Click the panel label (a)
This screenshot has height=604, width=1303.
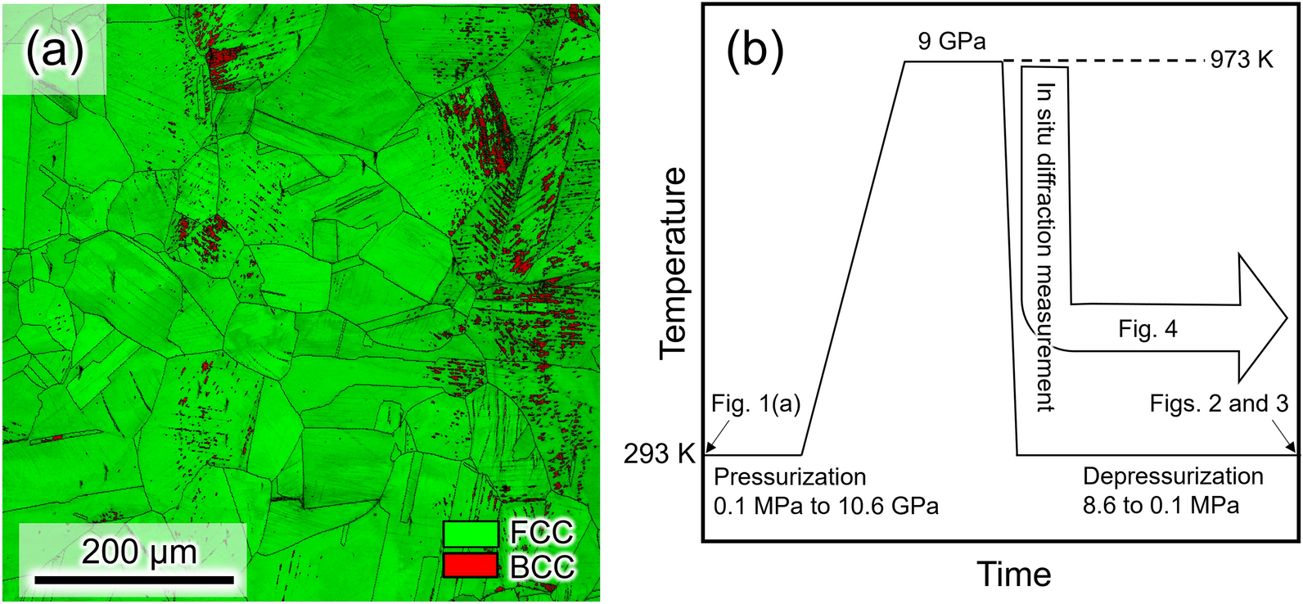(x=54, y=51)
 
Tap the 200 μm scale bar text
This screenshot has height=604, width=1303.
(x=139, y=552)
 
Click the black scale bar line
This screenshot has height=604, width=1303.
(x=133, y=580)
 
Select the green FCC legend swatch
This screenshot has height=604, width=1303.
(x=471, y=534)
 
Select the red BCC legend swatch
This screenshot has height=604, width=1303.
(x=471, y=565)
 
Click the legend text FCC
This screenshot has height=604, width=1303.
(x=541, y=533)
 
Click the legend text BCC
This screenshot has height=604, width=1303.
(x=542, y=566)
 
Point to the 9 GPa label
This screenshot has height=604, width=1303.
(x=951, y=41)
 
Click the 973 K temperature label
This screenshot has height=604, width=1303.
(x=1242, y=60)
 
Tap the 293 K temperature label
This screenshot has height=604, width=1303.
(x=659, y=453)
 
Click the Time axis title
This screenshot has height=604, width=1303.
(x=1013, y=575)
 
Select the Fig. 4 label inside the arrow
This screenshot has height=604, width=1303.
(x=1147, y=329)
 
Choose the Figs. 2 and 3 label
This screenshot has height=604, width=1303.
(x=1219, y=403)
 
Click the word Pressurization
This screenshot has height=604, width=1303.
(x=790, y=476)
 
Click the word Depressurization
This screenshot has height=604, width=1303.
(x=1173, y=476)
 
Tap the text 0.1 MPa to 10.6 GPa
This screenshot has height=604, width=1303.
(x=826, y=506)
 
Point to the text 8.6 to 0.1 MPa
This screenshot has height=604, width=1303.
(x=1161, y=505)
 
